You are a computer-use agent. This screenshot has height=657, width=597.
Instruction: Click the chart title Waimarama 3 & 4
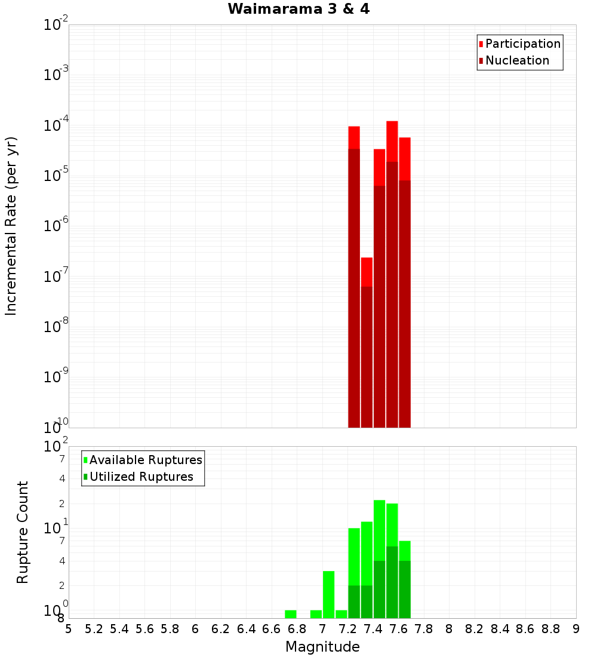[x=298, y=10]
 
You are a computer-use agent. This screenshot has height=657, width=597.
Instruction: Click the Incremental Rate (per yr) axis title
[x=11, y=226]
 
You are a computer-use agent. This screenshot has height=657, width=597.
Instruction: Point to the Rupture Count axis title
[x=23, y=532]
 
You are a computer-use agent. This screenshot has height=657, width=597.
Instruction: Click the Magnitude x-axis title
[x=322, y=647]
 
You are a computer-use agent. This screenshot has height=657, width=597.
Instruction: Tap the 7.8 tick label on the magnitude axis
[x=424, y=629]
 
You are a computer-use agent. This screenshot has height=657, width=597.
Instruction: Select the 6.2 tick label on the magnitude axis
[x=221, y=629]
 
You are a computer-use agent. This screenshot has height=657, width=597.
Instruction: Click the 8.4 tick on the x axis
[x=500, y=629]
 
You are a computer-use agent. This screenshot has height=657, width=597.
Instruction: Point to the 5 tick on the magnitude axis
[x=69, y=629]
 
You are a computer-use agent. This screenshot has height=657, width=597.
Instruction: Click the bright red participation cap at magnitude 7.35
[x=367, y=272]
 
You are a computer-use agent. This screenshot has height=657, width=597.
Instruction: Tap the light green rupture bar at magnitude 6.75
[x=291, y=614]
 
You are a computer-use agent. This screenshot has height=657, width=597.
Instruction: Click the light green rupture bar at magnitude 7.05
[x=328, y=594]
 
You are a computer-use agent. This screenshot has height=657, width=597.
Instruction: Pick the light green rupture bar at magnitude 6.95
[x=316, y=614]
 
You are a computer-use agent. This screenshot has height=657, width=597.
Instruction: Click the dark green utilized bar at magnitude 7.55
[x=392, y=582]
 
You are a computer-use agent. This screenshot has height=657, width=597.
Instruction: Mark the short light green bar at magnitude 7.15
[x=341, y=614]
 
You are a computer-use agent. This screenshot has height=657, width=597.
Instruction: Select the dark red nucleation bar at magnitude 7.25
[x=354, y=287]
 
